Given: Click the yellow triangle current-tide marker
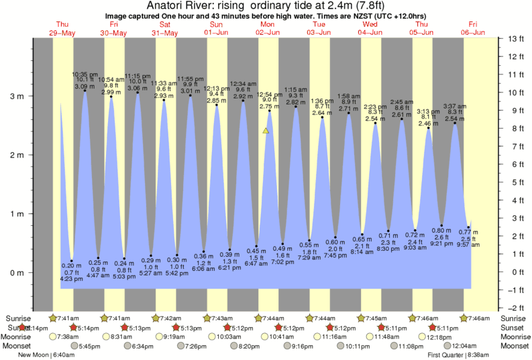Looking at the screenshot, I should click(266, 131).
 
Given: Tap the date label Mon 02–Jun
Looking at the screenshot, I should click(267, 27).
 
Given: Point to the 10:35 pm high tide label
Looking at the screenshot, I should click(85, 74).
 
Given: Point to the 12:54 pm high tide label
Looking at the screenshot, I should click(269, 95).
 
